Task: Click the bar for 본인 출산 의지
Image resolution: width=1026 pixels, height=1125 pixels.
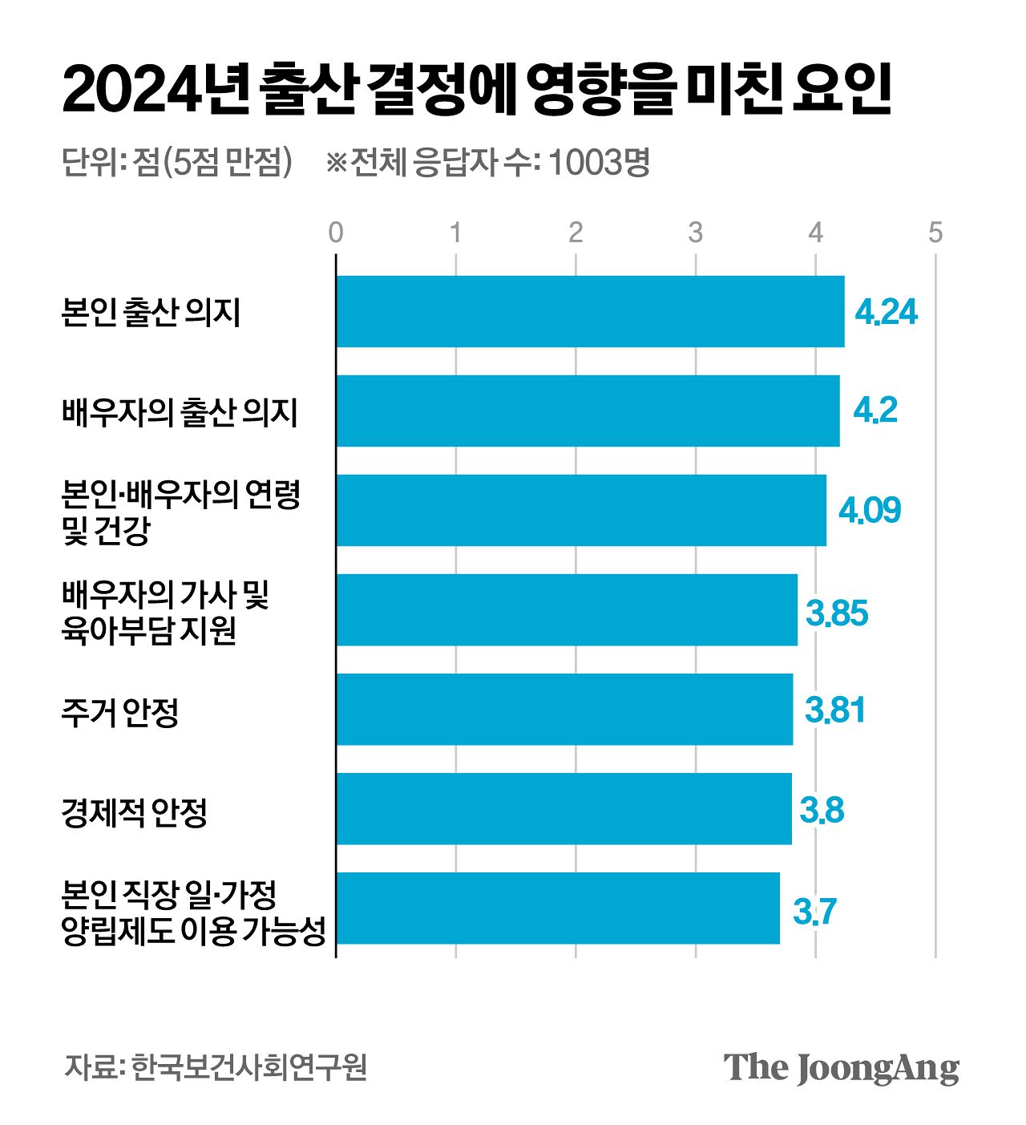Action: point(590,311)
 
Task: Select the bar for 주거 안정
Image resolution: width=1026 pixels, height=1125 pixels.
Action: point(564,709)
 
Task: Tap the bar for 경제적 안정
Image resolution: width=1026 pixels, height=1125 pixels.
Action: point(563,808)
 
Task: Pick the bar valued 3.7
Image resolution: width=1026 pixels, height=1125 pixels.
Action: point(558,908)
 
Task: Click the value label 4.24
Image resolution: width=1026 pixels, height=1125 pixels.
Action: point(886,312)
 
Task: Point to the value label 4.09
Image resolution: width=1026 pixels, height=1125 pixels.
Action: point(870,510)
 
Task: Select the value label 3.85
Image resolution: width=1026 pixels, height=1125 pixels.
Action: point(837,613)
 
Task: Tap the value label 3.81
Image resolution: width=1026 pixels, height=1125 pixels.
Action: point(835,710)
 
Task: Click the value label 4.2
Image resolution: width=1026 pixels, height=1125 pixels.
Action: point(875,411)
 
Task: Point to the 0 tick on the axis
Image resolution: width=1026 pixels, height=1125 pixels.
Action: point(336,233)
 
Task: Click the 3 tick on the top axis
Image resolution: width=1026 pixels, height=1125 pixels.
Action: point(695,233)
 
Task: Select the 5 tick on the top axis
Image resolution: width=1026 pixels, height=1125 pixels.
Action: point(935,233)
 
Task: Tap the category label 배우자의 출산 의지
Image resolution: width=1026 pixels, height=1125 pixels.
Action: point(180,411)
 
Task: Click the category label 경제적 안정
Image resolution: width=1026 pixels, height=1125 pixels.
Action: point(135,811)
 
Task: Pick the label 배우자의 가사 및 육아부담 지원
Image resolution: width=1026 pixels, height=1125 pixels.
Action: point(164,612)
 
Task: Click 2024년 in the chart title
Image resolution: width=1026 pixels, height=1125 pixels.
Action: point(152,90)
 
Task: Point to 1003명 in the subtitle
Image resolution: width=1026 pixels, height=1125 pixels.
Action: point(599,163)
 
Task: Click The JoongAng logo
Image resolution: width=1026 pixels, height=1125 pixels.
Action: point(841,1067)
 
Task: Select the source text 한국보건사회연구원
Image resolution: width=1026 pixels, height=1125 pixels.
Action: point(249,1067)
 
